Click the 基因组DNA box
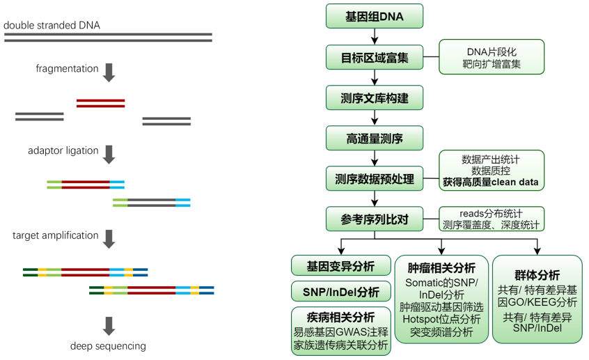[x=375, y=16]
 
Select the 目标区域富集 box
[x=375, y=57]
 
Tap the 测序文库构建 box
[x=375, y=97]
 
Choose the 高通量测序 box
[x=375, y=138]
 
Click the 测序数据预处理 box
[x=375, y=179]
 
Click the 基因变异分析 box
[x=340, y=266]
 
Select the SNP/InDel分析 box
[x=340, y=292]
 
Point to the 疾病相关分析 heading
[x=340, y=317]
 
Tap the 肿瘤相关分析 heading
[x=441, y=268]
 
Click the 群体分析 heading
[x=537, y=276]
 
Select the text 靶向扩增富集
[x=492, y=64]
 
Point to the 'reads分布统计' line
[x=492, y=213]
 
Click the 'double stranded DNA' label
[x=52, y=26]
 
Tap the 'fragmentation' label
[x=67, y=69]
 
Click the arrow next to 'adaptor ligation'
[x=109, y=153]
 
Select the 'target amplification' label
[x=55, y=235]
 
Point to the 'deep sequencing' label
[x=108, y=346]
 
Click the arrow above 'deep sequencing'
[x=109, y=325]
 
